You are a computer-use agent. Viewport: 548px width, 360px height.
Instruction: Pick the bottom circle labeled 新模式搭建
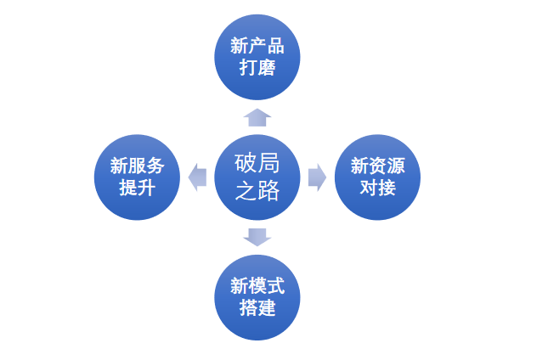click(257, 297)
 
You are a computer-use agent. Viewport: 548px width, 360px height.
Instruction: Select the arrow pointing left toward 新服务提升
click(197, 177)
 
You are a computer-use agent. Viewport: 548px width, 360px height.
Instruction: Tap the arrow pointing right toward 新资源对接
click(317, 177)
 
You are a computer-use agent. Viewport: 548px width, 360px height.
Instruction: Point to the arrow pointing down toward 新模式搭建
click(257, 236)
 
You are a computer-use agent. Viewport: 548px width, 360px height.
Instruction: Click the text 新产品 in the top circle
click(257, 47)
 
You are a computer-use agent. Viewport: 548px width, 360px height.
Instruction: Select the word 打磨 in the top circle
click(257, 68)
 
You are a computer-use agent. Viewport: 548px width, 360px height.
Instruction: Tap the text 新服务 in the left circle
click(137, 166)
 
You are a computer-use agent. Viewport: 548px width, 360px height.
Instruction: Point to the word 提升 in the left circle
click(137, 188)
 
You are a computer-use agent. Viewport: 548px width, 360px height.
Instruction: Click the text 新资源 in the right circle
click(377, 166)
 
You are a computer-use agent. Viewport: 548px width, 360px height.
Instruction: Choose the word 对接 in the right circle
click(377, 188)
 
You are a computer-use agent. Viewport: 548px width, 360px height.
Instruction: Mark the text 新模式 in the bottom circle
click(257, 286)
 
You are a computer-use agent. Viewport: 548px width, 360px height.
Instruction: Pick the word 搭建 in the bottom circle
click(257, 307)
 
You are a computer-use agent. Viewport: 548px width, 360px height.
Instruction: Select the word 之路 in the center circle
click(257, 191)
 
